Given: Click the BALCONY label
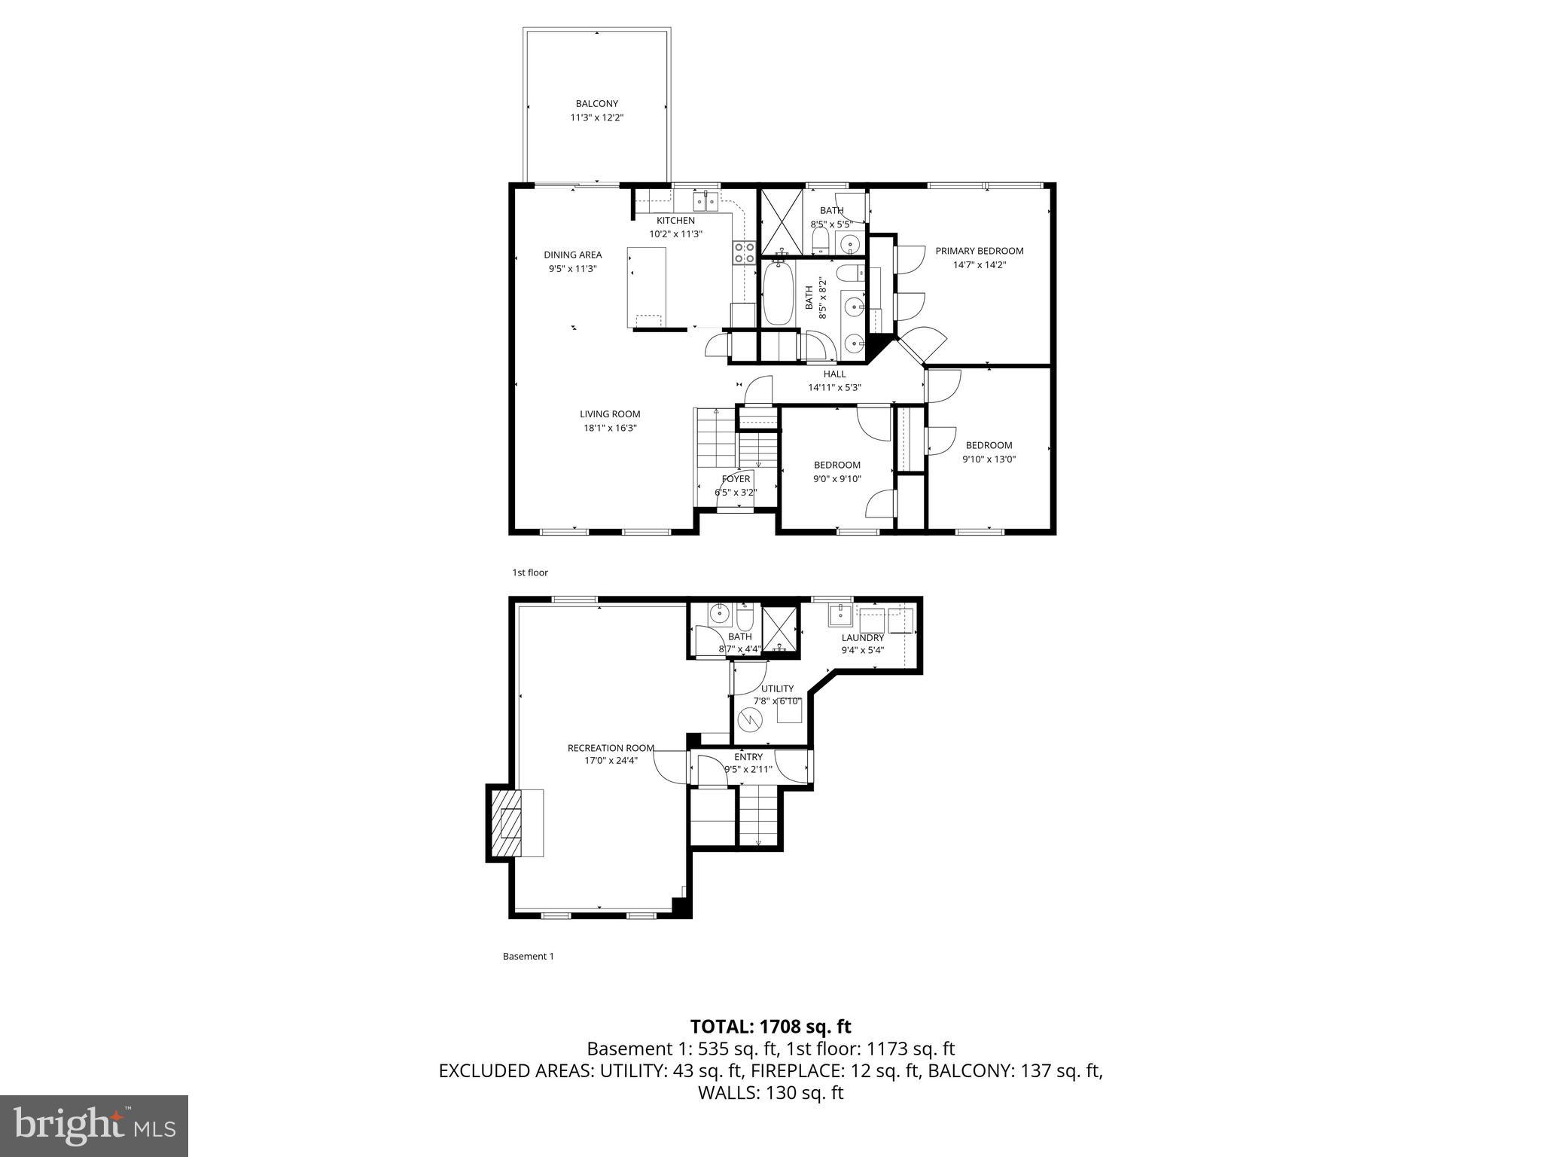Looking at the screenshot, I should [x=596, y=104].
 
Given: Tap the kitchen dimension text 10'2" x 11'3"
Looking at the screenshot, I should [x=675, y=234].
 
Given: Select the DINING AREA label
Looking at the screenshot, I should [x=572, y=255].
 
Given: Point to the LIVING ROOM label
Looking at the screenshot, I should [x=610, y=414].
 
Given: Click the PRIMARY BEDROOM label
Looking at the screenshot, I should [x=979, y=251].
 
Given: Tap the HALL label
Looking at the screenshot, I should [x=834, y=374].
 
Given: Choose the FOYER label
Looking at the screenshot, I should [x=736, y=479].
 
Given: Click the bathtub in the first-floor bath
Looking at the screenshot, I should [x=778, y=294].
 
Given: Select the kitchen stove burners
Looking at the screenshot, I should [x=744, y=252].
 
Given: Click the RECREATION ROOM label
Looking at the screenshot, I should [x=611, y=748].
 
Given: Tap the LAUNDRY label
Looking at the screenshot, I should [x=862, y=637].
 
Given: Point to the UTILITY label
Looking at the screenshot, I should [x=777, y=688].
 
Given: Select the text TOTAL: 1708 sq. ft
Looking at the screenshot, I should [x=770, y=1026].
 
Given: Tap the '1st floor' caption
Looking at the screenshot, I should [x=530, y=572].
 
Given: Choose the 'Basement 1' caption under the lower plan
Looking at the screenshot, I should [x=528, y=956].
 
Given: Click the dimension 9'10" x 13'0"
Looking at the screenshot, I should [x=989, y=459].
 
